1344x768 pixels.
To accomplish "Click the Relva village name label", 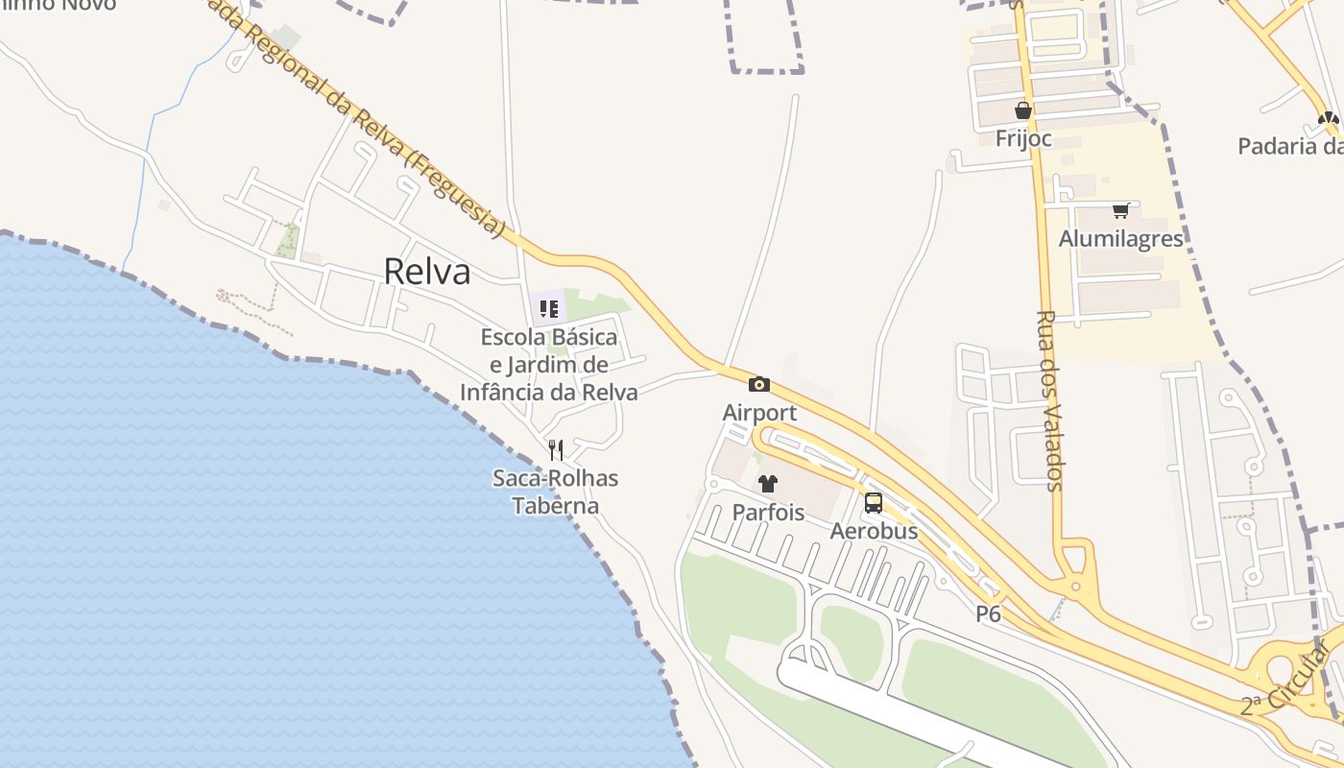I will (427, 272).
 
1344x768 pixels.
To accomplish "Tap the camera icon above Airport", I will (759, 385).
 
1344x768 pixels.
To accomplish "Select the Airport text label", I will (759, 413).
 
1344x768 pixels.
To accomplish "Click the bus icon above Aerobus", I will (874, 502).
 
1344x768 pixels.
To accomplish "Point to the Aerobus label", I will (874, 531).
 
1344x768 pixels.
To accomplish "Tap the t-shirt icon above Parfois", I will (768, 483).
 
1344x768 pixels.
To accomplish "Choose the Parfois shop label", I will (768, 512).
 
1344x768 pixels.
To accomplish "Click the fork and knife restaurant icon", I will (555, 449).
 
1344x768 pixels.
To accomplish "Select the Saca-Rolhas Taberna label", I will (555, 492).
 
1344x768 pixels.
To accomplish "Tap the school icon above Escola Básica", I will (549, 309).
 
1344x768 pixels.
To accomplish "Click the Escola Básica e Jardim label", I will (549, 365).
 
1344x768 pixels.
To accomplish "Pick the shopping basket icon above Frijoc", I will (1023, 110).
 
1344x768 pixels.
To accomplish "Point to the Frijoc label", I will (1023, 139).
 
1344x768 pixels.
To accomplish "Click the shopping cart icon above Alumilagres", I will (1120, 210).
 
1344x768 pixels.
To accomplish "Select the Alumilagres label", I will (1120, 238).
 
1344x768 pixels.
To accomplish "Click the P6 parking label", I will (988, 614).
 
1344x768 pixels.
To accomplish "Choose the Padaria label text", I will (1289, 147).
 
